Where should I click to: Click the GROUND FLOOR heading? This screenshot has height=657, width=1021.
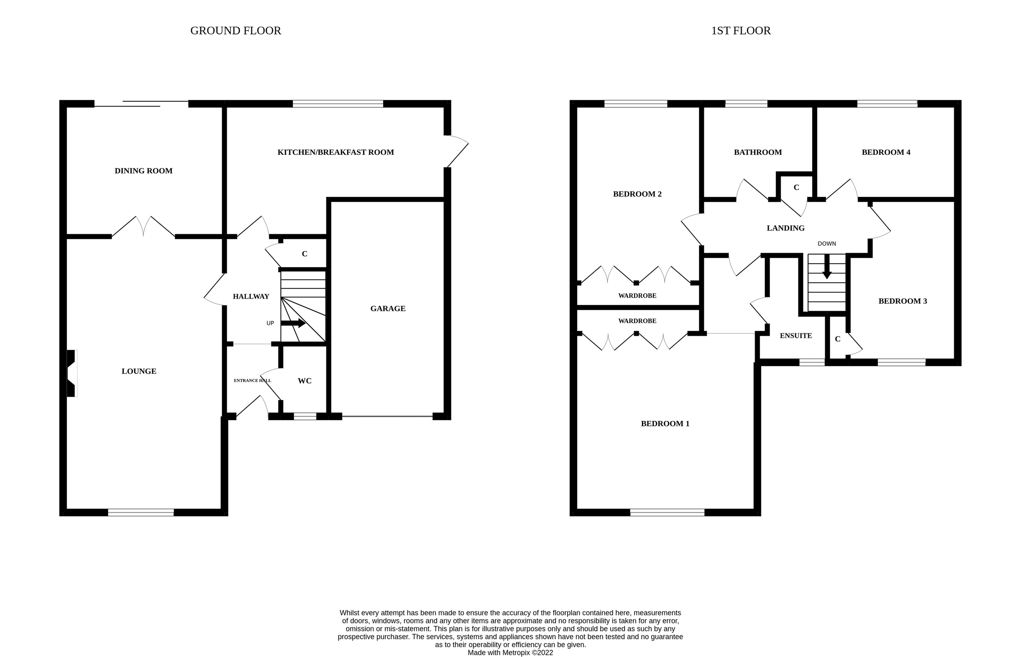tap(236, 31)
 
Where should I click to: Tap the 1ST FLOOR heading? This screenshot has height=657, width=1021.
tap(741, 31)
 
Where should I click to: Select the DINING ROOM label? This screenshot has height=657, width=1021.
tap(143, 171)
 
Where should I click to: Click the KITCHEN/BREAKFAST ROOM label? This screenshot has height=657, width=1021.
tap(335, 152)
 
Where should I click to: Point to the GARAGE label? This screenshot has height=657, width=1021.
tap(388, 308)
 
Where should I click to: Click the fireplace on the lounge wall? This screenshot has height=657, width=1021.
tap(71, 373)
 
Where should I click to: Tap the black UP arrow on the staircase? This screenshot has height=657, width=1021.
tap(294, 323)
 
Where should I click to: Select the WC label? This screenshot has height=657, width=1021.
tap(304, 381)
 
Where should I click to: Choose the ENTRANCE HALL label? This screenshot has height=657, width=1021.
tap(252, 381)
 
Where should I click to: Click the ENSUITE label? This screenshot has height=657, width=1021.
tap(796, 336)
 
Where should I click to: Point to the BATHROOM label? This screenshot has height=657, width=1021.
tap(758, 152)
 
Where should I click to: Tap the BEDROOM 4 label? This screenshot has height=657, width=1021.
tap(886, 152)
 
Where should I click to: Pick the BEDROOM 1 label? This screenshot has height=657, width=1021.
tap(665, 424)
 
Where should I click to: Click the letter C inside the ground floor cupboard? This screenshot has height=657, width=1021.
tap(304, 254)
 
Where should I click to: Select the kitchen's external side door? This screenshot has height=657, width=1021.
tap(456, 151)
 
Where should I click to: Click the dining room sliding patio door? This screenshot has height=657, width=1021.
tap(141, 104)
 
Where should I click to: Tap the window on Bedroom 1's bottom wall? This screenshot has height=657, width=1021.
tap(667, 512)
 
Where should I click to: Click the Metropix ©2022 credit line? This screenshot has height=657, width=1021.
tap(510, 653)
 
